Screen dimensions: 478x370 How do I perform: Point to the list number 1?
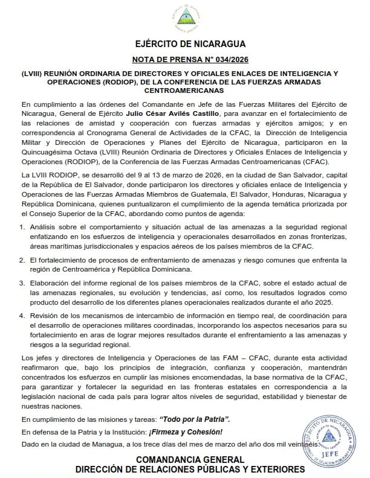[24, 226]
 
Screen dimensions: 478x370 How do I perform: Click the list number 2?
[24, 260]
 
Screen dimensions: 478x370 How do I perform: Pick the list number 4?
[24, 316]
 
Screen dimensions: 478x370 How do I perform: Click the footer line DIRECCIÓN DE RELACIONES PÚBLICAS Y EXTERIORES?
[189, 470]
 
